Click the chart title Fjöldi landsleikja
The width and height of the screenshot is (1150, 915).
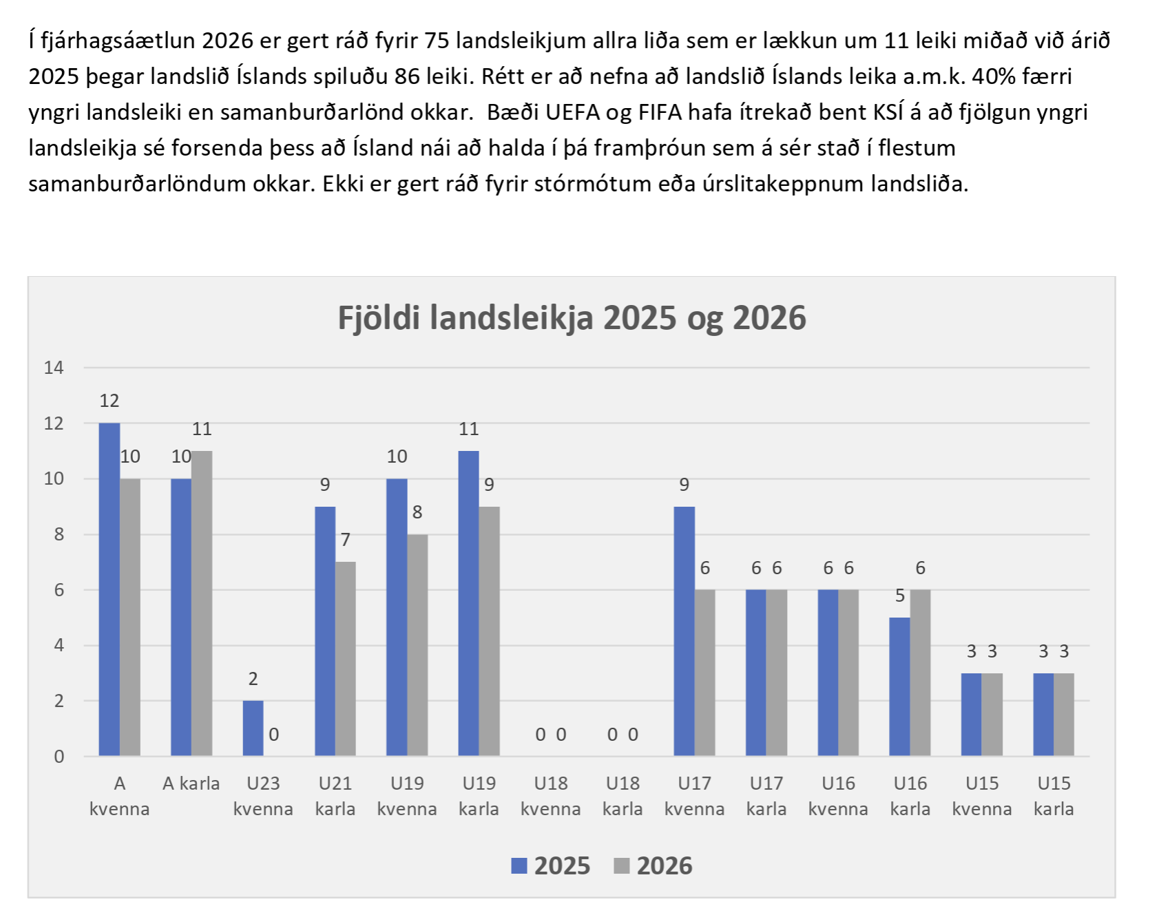click(572, 318)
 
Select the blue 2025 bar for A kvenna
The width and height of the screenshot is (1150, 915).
click(109, 589)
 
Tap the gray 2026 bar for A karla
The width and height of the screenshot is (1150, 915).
click(202, 603)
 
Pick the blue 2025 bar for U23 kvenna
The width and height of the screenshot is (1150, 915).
click(253, 728)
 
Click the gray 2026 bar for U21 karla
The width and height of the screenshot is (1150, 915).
click(346, 658)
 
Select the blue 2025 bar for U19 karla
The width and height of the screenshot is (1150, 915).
click(469, 603)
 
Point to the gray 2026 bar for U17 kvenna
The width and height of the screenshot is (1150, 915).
click(704, 673)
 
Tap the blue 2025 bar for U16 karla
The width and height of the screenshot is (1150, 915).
click(899, 686)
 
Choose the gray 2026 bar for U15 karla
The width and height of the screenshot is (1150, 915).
click(1064, 714)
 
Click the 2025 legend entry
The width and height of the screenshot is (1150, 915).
click(551, 865)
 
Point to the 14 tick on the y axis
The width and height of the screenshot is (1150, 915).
click(54, 368)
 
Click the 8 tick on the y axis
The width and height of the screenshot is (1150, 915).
click(59, 534)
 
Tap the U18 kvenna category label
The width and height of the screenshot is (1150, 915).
click(550, 796)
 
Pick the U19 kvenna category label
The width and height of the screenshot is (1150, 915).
click(407, 796)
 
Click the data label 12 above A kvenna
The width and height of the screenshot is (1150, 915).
click(109, 401)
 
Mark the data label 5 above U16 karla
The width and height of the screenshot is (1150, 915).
click(899, 596)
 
